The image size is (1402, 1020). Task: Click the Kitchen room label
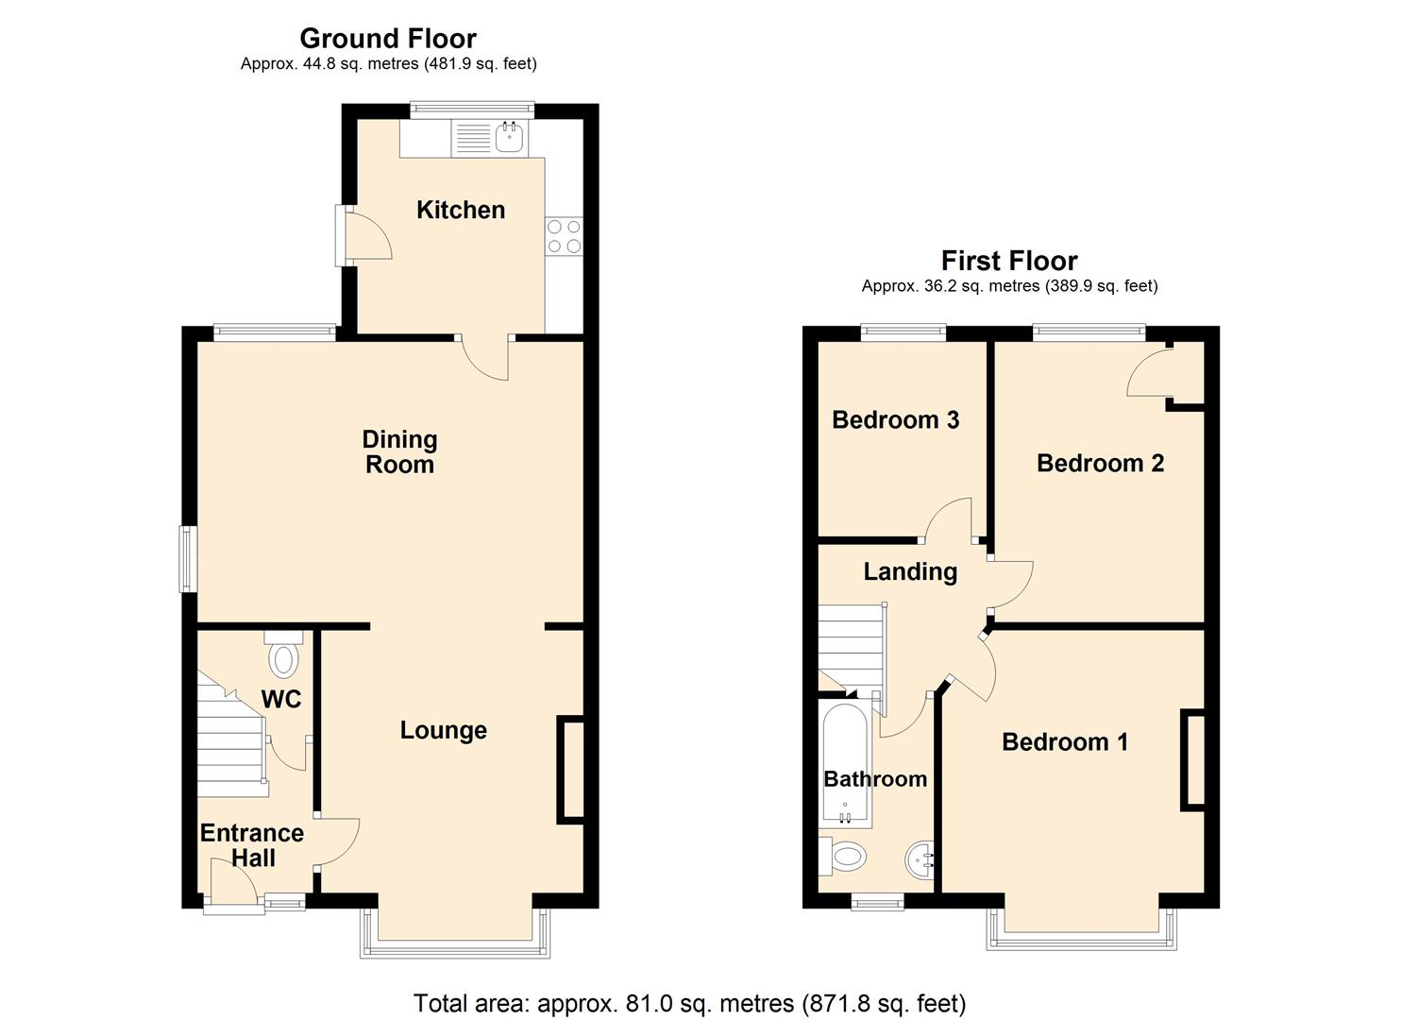(461, 210)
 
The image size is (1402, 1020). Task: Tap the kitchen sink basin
(510, 139)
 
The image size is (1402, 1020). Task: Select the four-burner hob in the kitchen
(564, 236)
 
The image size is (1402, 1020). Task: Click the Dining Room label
(399, 451)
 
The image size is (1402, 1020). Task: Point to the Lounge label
(443, 730)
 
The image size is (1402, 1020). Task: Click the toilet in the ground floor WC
(283, 657)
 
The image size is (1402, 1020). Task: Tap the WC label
(281, 699)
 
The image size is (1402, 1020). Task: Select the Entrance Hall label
(252, 845)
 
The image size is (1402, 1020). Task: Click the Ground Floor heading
(388, 39)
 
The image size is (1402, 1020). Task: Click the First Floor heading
(1009, 261)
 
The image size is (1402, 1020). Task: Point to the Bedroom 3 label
(895, 419)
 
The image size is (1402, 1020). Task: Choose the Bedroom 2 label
(1100, 463)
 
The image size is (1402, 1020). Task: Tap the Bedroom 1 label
(1065, 741)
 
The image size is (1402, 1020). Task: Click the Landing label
(910, 571)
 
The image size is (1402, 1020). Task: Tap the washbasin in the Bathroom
(921, 859)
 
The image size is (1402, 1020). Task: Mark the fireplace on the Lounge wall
(571, 770)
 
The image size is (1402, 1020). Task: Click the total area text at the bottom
(689, 1003)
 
